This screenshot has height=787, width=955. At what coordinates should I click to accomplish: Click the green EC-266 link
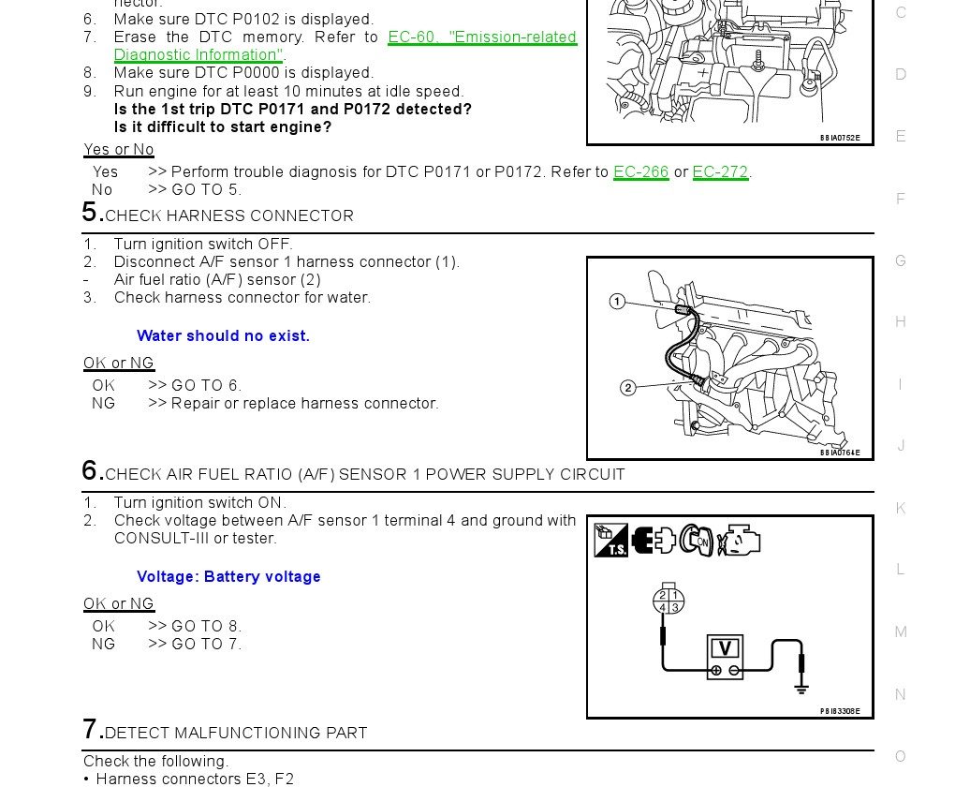640,172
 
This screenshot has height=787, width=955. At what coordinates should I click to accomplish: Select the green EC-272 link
720,172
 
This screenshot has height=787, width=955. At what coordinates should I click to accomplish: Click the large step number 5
92,212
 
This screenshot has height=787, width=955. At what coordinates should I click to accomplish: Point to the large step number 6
92,470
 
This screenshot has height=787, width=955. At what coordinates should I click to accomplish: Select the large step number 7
92,729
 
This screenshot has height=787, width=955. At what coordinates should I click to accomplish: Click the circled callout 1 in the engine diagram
617,301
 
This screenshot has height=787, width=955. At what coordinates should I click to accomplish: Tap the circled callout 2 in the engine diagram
627,388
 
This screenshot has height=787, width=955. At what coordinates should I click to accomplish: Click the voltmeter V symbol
724,647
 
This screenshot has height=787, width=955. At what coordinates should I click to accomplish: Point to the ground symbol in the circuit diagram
801,688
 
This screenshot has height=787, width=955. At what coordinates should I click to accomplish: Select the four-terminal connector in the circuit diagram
668,601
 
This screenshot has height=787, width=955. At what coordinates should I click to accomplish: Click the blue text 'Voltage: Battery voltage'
228,577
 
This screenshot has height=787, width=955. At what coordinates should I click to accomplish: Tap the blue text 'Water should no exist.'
223,336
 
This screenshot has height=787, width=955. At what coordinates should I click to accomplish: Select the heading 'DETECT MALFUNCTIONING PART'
236,733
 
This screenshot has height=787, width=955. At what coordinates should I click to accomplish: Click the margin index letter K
901,508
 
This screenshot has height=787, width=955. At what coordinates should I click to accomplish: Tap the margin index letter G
901,260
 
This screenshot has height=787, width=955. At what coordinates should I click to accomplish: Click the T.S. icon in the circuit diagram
610,541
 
